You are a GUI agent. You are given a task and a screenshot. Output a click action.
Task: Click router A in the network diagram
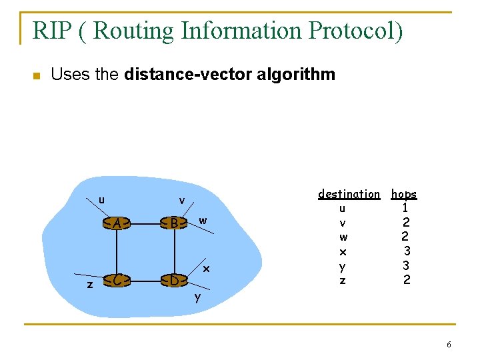[117, 224]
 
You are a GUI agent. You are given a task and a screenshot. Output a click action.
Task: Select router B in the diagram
[173, 223]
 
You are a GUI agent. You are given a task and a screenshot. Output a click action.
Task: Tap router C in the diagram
[117, 281]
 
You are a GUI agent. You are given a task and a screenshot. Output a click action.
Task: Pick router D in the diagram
[173, 281]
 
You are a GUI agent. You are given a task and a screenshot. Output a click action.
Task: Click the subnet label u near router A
[101, 199]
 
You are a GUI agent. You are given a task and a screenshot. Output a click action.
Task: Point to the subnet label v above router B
[181, 201]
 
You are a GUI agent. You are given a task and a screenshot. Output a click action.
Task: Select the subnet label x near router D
[207, 269]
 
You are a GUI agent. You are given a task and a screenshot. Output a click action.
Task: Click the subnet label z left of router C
[90, 284]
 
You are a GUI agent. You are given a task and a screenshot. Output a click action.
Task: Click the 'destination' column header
[349, 194]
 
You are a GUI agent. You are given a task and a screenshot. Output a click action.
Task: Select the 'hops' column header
[404, 194]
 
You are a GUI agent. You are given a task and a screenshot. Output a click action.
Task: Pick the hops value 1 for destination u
[405, 208]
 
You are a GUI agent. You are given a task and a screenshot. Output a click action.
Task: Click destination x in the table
[343, 252]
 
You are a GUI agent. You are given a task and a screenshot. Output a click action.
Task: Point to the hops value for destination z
[406, 281]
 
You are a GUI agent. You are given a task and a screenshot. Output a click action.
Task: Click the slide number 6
[449, 345]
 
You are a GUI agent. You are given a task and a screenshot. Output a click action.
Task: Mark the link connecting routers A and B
[145, 224]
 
